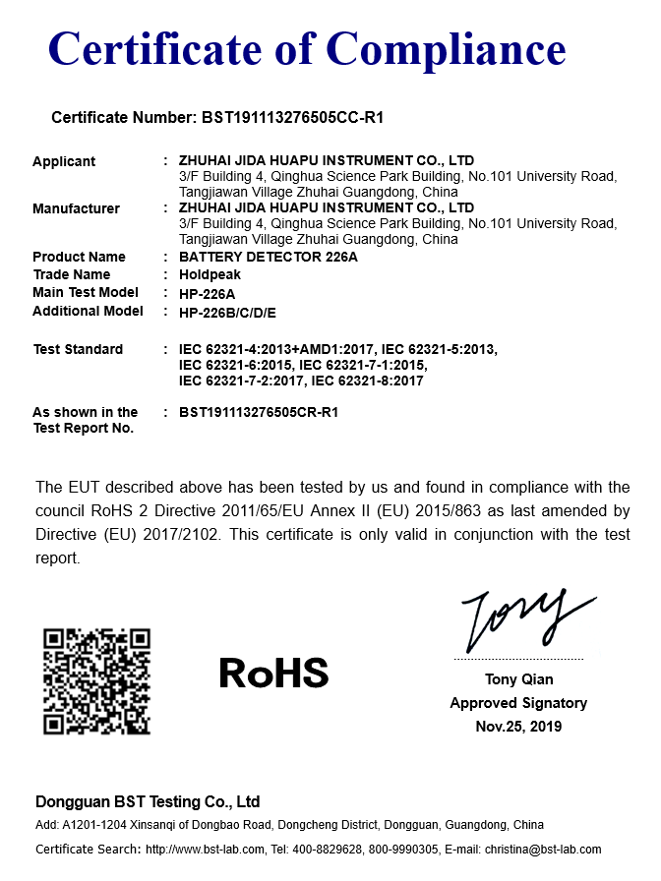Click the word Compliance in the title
[446, 48]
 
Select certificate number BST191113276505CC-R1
[292, 118]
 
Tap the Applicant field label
[64, 161]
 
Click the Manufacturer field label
[76, 208]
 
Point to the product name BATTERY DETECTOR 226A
[269, 257]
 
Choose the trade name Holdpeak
[210, 275]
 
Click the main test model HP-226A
[207, 294]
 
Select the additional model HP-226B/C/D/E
[227, 313]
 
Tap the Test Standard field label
[78, 349]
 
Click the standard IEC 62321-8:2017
[368, 381]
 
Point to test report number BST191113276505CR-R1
[259, 413]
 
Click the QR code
[97, 681]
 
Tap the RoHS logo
[273, 673]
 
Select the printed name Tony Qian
[518, 679]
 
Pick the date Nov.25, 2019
[518, 727]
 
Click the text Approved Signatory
[518, 703]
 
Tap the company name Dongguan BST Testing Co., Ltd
[148, 801]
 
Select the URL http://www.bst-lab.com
[206, 850]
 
